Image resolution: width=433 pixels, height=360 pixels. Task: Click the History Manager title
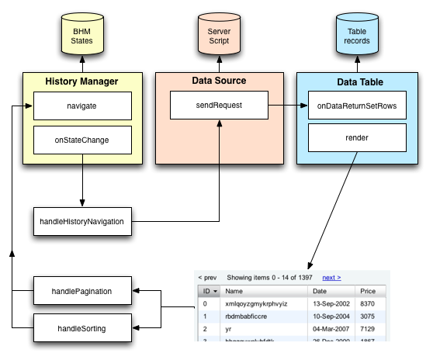tap(81, 81)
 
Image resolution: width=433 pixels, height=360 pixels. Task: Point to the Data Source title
tap(219, 80)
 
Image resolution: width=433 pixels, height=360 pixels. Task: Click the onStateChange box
tap(81, 140)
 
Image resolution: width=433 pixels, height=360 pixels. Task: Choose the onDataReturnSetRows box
tap(358, 105)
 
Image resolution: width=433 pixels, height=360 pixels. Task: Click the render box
tap(358, 137)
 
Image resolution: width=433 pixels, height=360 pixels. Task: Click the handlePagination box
tap(81, 292)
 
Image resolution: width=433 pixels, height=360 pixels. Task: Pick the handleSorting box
tap(81, 328)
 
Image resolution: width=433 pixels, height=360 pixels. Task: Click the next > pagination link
tap(331, 277)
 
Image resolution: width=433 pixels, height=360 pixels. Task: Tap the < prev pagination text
tap(207, 277)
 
